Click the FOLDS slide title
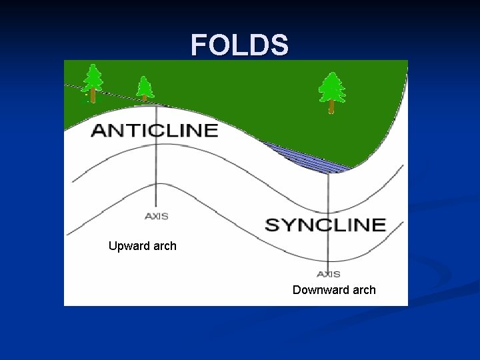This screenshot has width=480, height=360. point(240,45)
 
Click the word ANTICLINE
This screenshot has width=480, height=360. point(155,130)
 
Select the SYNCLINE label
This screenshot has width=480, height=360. point(326,225)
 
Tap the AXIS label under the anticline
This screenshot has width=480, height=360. point(156,216)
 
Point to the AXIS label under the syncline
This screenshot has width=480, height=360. point(329,274)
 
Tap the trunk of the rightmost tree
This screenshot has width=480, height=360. point(331,107)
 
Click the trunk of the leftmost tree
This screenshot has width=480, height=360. point(93,95)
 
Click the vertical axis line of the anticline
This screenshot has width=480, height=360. point(155,173)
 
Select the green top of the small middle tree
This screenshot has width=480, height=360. point(144,85)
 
